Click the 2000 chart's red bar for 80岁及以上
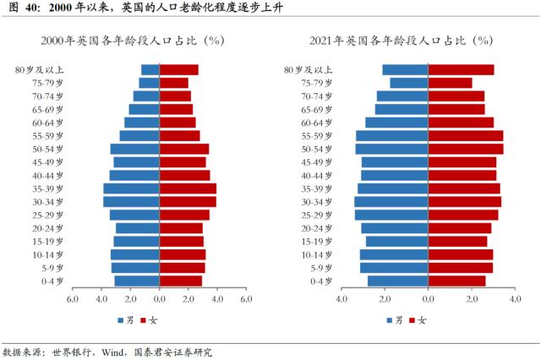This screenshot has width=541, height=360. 179,70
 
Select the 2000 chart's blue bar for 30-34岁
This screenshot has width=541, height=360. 131,202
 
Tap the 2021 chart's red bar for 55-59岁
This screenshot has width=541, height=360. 466,136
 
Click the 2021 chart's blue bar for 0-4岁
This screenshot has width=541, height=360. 398,281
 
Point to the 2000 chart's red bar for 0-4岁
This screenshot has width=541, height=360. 181,281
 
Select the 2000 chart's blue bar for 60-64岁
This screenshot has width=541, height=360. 142,123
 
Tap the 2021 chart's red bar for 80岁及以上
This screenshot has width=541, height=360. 461,70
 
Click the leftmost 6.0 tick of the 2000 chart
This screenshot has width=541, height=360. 73,299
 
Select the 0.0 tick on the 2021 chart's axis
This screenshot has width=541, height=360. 428,299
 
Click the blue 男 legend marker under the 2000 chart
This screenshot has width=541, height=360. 121,320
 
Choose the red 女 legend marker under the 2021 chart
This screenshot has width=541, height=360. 412,320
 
